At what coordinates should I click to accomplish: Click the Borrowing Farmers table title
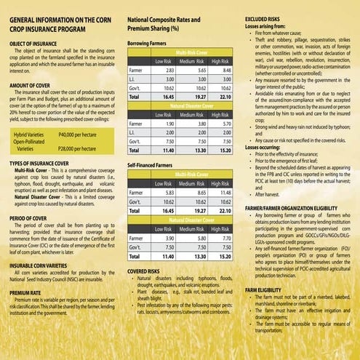click(x=151, y=44)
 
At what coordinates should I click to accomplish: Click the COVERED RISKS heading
click(x=144, y=271)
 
